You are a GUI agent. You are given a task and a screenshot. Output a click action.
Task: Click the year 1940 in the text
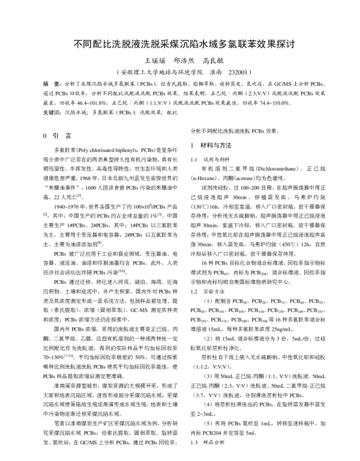59,207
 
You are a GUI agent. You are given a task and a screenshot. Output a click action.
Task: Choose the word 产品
172,207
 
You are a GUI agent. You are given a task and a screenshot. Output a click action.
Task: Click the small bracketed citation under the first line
45,215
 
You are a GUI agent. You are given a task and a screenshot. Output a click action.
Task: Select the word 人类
172,263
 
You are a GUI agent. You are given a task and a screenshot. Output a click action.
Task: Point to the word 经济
48,273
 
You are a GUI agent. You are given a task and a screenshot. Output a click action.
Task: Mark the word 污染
112,273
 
